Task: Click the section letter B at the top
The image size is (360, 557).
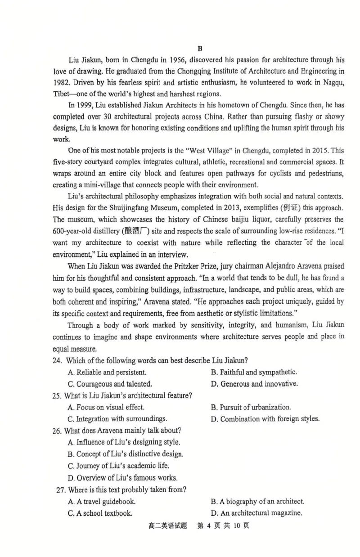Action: click(x=200, y=48)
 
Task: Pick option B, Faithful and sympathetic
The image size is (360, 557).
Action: click(x=254, y=372)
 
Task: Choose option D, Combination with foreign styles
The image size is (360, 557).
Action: click(x=265, y=419)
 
